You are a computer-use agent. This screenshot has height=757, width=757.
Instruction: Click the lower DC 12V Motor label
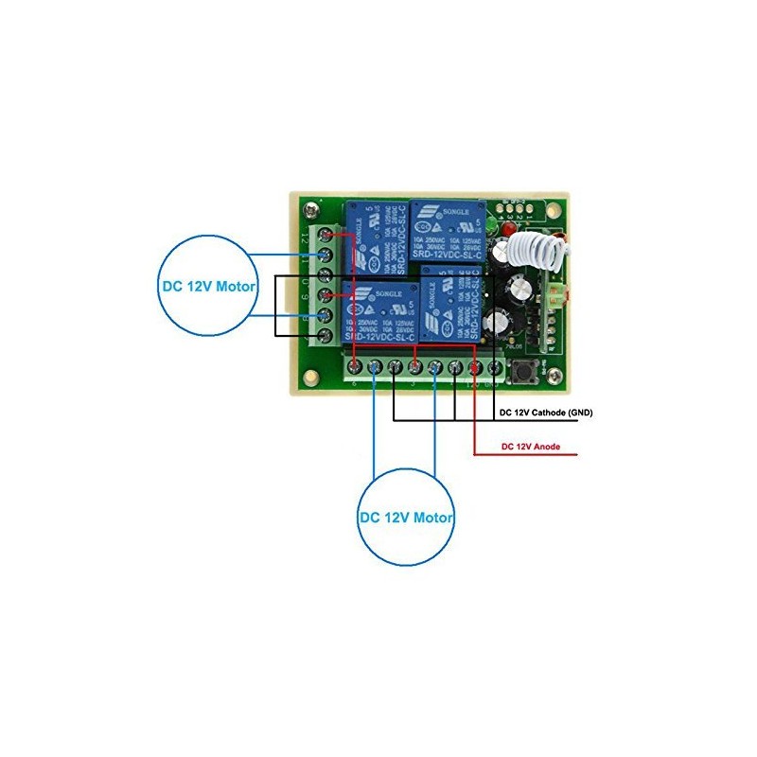point(406,518)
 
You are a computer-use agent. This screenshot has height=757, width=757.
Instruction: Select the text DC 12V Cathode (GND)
point(545,414)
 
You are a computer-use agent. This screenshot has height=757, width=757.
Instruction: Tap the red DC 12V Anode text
point(534,446)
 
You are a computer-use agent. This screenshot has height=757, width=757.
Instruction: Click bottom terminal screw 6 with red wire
point(354,366)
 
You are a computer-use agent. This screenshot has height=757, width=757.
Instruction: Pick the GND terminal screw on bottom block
point(494,366)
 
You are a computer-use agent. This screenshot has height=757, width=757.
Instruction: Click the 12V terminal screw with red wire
point(474,366)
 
